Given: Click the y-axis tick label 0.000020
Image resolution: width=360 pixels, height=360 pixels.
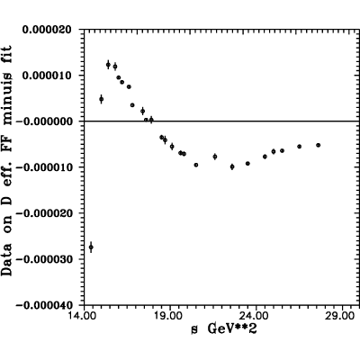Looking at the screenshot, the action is click(x=47, y=30).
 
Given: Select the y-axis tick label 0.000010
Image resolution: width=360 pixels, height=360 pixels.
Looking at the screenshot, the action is click(x=47, y=76).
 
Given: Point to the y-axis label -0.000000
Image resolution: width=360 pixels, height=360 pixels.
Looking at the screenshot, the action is click(x=44, y=121).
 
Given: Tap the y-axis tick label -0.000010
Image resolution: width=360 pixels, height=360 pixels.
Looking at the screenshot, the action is click(x=44, y=167).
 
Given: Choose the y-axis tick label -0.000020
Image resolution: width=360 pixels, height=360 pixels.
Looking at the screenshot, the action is click(x=44, y=213).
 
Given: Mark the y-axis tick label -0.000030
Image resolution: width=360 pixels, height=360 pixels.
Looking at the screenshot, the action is click(x=44, y=259).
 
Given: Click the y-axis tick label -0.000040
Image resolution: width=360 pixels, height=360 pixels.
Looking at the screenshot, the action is click(x=44, y=305).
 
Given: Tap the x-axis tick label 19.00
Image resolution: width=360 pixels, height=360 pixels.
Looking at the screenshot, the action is click(x=170, y=316).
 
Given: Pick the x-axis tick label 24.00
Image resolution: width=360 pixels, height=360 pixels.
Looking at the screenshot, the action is click(x=256, y=316).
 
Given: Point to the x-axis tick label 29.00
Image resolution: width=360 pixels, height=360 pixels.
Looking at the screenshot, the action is click(x=343, y=316).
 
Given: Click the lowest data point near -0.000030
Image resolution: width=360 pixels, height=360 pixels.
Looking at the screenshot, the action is click(x=91, y=247).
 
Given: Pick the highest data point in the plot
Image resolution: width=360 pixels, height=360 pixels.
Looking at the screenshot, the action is click(x=108, y=65).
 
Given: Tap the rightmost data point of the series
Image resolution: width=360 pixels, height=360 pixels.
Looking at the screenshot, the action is click(x=319, y=145).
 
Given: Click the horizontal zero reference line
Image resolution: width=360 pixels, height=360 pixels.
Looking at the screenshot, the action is click(x=221, y=121).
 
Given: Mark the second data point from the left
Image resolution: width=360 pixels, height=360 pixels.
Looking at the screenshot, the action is click(x=102, y=99).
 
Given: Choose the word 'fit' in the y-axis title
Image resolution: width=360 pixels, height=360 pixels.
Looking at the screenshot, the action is click(x=6, y=50).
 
